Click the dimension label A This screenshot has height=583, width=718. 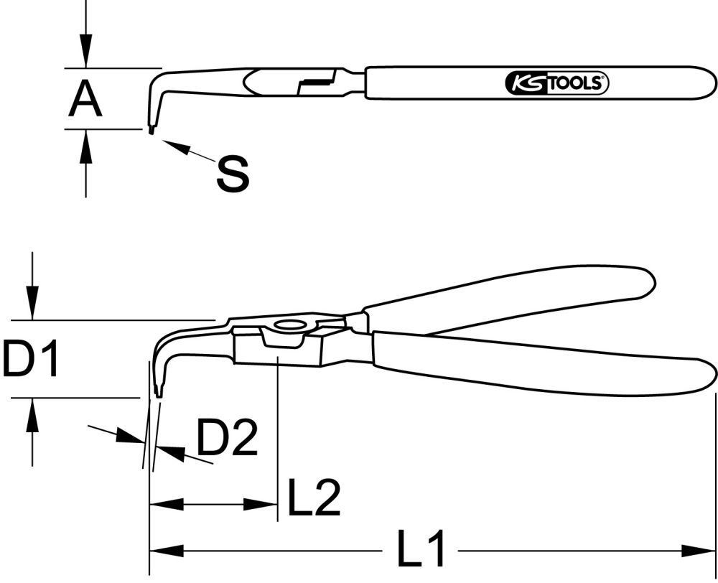(x=85, y=99)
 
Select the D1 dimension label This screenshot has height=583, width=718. (x=30, y=360)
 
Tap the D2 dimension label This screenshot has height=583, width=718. (x=227, y=439)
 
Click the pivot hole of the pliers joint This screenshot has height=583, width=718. (x=289, y=325)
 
